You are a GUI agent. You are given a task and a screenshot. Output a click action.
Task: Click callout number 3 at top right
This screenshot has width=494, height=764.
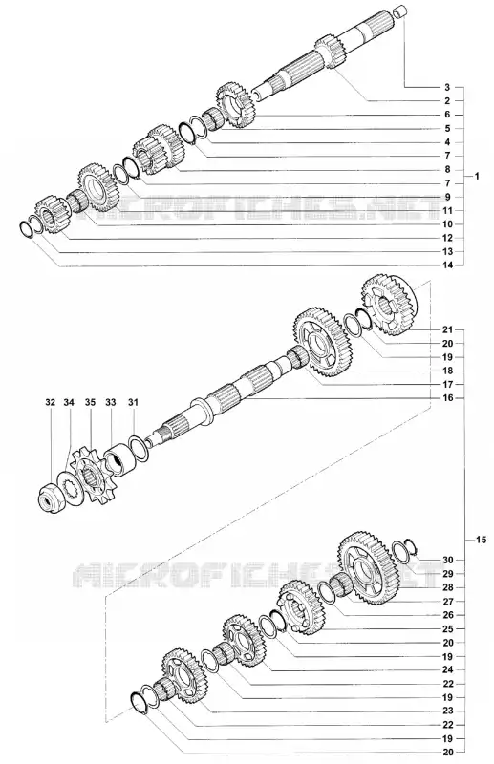click(447, 88)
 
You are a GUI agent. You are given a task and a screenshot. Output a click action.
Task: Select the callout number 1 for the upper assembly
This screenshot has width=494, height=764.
click(477, 176)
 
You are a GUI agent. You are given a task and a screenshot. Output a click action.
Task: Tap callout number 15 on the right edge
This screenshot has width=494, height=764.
click(481, 540)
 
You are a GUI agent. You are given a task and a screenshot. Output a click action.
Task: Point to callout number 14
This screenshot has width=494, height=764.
click(448, 265)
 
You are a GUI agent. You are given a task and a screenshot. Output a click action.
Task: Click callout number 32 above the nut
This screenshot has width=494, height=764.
click(51, 402)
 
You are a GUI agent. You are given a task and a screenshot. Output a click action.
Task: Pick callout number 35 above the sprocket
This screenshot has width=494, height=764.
click(90, 402)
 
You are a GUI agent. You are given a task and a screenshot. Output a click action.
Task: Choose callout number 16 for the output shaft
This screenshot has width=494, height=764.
click(448, 398)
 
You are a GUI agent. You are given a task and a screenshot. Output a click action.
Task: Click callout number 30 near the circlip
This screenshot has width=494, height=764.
click(448, 560)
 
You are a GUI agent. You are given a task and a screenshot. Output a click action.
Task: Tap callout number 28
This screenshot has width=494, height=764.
click(448, 587)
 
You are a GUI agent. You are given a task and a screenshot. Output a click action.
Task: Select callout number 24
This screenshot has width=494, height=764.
click(448, 669)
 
